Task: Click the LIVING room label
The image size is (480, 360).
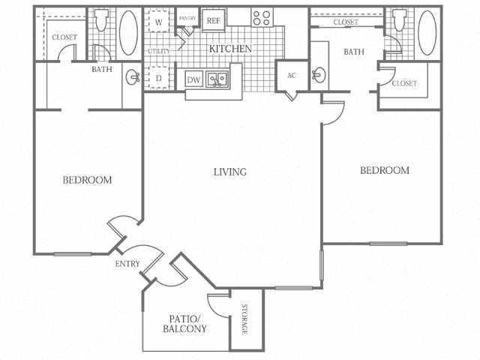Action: tap(229, 172)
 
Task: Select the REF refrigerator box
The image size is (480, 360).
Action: tap(214, 20)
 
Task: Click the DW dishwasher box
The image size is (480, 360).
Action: tap(193, 79)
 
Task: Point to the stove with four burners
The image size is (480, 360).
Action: tap(262, 17)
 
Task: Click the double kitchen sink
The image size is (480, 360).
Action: tap(217, 79)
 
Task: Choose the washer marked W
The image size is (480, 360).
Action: tap(159, 22)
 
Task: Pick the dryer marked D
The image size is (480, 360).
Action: tap(159, 77)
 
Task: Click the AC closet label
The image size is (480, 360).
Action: tap(291, 76)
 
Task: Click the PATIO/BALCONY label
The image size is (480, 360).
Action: tap(184, 324)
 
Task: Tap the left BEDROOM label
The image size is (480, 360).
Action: tap(87, 180)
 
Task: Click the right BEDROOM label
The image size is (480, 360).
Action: tap(385, 170)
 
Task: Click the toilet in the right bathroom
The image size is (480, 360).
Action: tap(399, 20)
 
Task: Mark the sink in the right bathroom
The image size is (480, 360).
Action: tap(319, 74)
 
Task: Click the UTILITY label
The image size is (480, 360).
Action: tap(158, 51)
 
